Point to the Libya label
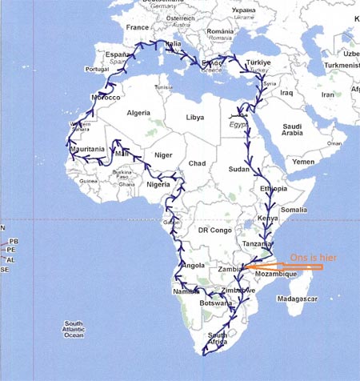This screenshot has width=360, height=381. click(x=194, y=117)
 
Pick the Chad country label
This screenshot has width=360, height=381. click(x=197, y=163)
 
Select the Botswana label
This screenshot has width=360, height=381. click(x=214, y=304)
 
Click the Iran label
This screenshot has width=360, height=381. click(x=329, y=94)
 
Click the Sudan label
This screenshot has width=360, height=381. click(x=238, y=170)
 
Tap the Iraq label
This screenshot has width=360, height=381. click(x=286, y=93)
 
